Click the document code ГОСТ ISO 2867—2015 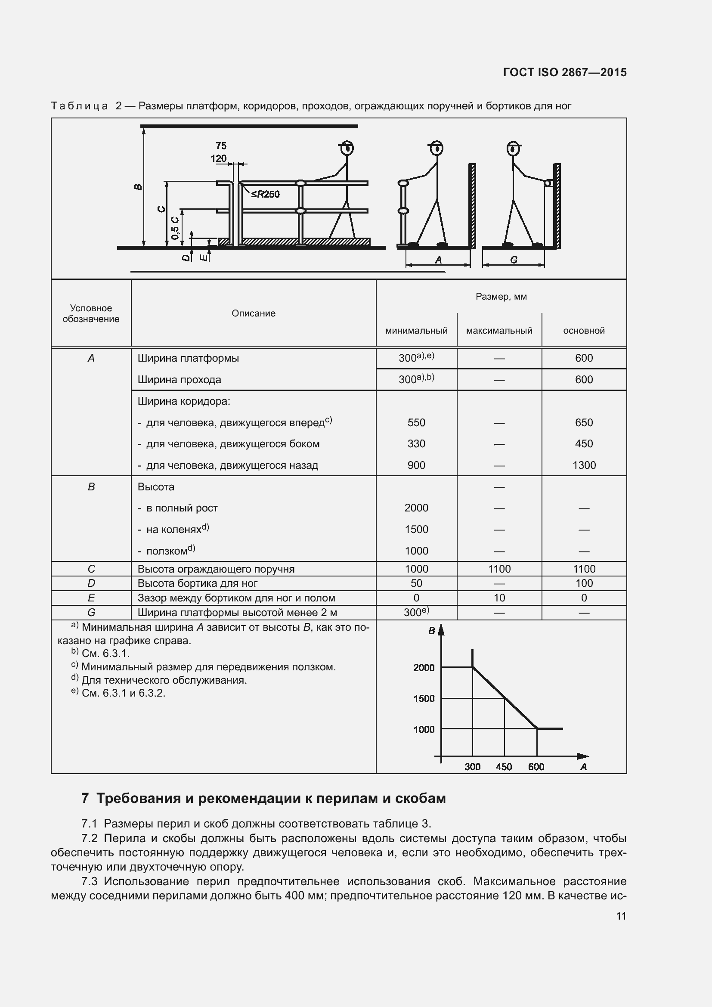pyautogui.click(x=565, y=72)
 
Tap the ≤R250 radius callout pyautogui.click(x=265, y=194)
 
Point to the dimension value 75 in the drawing pyautogui.click(x=221, y=146)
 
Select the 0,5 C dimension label pyautogui.click(x=175, y=227)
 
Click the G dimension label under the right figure pyautogui.click(x=514, y=260)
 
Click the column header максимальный pyautogui.click(x=499, y=331)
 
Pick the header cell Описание pyautogui.click(x=254, y=313)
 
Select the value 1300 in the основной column pyautogui.click(x=584, y=465)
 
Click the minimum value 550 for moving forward pyautogui.click(x=416, y=422)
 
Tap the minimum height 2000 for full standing pyautogui.click(x=416, y=508)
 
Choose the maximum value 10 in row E pyautogui.click(x=499, y=598)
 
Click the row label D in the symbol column pyautogui.click(x=91, y=583)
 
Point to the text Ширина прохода pyautogui.click(x=180, y=379)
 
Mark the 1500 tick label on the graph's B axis pyautogui.click(x=424, y=698)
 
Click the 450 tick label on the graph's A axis pyautogui.click(x=504, y=767)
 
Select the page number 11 pyautogui.click(x=621, y=916)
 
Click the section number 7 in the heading pyautogui.click(x=85, y=798)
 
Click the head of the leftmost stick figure pyautogui.click(x=347, y=148)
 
